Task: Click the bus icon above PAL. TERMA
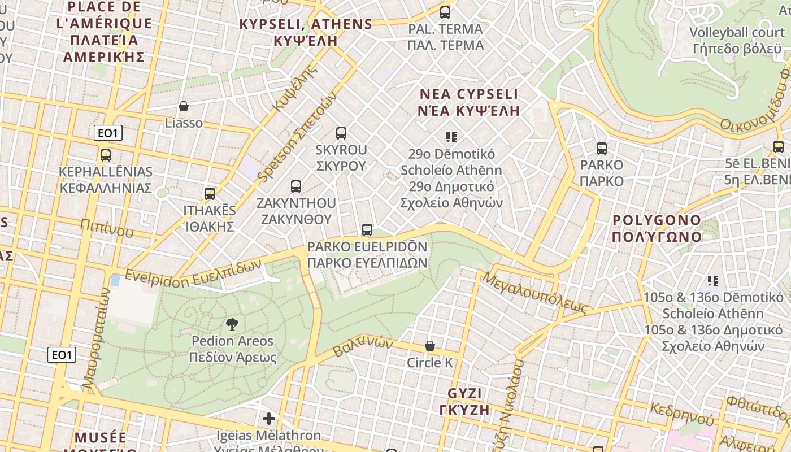[445, 12]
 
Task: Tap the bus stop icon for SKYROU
[341, 133]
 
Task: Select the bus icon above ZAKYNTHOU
[295, 186]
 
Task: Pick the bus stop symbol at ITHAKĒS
[210, 193]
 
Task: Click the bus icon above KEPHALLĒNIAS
[106, 155]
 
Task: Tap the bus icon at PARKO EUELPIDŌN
[367, 230]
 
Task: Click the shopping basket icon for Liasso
[184, 106]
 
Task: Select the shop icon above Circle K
[430, 346]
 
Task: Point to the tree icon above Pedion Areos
[232, 324]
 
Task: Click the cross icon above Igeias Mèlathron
[269, 419]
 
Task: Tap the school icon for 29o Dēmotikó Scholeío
[451, 137]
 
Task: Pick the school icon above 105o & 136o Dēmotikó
[713, 280]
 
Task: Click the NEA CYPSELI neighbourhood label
[468, 102]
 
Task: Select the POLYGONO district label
[657, 228]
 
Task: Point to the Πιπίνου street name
[107, 227]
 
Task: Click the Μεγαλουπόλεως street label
[535, 292]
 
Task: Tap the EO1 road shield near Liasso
[108, 133]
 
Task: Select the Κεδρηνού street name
[681, 414]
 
